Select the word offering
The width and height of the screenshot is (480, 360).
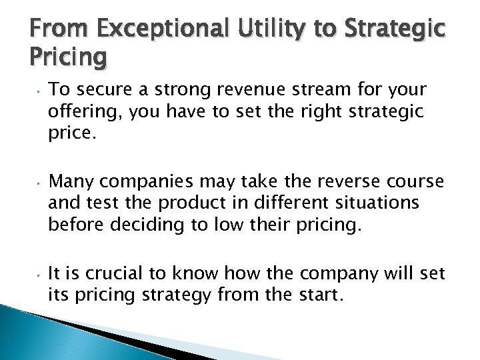tap(77, 114)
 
